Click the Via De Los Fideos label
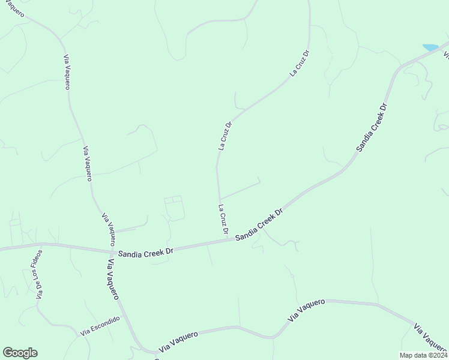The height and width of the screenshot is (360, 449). (x=40, y=274)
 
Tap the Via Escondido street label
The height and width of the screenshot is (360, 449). (x=100, y=326)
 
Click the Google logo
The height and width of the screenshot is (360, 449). (x=20, y=353)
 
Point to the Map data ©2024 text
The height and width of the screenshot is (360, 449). (x=423, y=355)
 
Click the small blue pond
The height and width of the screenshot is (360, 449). (x=430, y=47)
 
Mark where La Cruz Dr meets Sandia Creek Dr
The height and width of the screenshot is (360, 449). (x=229, y=240)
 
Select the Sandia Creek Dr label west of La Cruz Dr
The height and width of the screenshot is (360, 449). (x=145, y=254)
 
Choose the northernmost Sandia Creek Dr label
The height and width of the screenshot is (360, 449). (x=372, y=128)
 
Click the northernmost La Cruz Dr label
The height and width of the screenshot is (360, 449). (x=299, y=63)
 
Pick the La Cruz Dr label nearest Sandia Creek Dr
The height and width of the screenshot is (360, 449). (x=223, y=220)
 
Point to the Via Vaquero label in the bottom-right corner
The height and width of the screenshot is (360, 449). (x=430, y=340)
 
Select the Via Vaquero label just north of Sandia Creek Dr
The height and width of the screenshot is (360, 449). (x=109, y=228)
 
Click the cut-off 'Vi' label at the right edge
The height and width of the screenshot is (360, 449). (x=445, y=55)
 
